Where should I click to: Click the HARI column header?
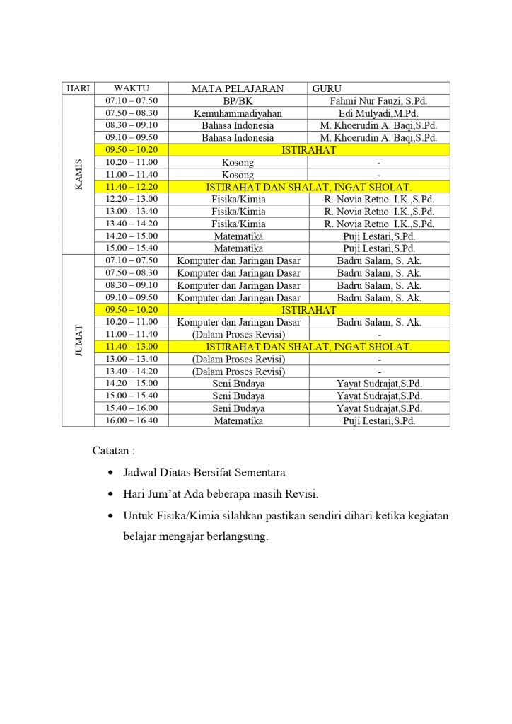78,88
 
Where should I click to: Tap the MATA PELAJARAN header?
238,88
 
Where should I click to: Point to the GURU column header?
327,88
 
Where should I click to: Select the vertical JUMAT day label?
78,340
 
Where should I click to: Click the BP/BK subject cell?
238,101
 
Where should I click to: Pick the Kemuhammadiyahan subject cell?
238,113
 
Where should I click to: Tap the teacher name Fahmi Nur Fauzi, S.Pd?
378,101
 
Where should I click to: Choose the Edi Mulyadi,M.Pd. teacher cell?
378,113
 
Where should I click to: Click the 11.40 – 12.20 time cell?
132,187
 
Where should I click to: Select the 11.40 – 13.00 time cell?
132,347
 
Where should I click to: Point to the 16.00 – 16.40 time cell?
132,420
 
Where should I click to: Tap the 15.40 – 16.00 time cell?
132,408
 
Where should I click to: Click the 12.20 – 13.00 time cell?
132,199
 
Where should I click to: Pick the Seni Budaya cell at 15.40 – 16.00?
238,408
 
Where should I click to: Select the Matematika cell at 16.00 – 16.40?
238,420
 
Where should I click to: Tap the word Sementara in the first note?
257,472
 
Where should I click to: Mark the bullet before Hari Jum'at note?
110,494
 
